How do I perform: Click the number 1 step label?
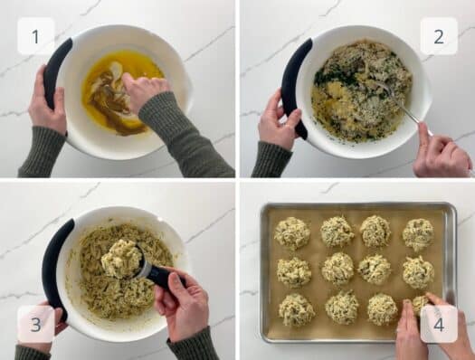pos(36,36)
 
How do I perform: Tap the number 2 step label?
pos(439,36)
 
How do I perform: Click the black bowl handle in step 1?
pos(56,72)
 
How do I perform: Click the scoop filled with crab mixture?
pos(121,259)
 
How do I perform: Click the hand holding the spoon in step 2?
pos(442,149)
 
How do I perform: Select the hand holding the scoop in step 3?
pos(183,303)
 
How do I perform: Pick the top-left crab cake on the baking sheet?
pos(291,233)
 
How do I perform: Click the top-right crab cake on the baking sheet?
pos(417,234)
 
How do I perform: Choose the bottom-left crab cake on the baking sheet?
pos(296,309)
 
